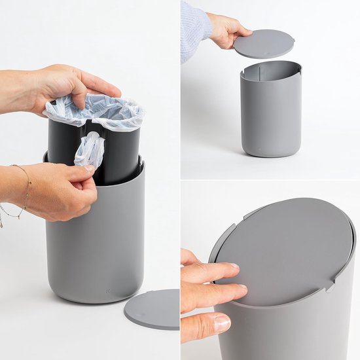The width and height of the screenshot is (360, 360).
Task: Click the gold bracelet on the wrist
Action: click(25, 196)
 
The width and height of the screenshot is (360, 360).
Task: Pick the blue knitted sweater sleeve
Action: click(195, 29)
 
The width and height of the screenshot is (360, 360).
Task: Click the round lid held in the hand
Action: click(264, 44)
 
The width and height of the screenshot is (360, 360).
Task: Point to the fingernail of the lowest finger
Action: click(221, 323)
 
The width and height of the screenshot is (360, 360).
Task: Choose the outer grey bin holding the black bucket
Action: click(95, 249)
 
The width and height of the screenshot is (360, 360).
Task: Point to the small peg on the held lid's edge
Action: click(293, 42)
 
